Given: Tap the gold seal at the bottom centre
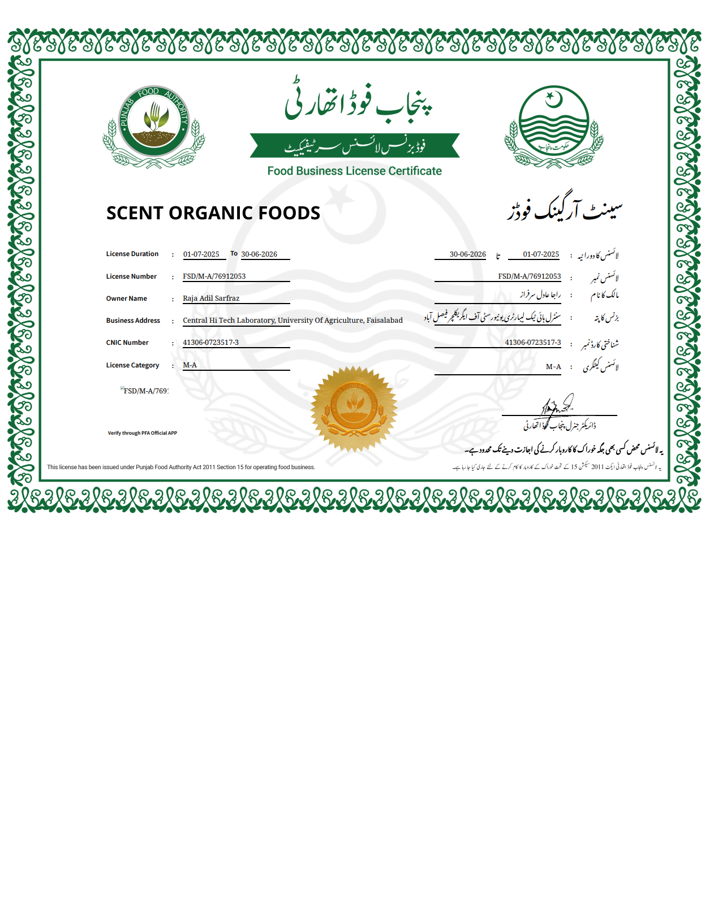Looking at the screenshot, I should point(354,408).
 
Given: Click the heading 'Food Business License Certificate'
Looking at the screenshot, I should point(354,171).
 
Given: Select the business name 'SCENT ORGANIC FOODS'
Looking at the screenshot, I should point(213,213).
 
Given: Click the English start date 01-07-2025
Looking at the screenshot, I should point(201,254).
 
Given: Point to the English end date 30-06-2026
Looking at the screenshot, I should point(259,254).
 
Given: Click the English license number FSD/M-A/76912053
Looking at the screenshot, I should point(214,276).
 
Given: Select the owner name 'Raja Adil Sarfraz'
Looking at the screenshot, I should point(211,298).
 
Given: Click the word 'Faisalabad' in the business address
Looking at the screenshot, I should point(385,321).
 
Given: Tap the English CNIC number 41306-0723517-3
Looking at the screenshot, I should point(210,343).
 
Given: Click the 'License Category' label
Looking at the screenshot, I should point(132,365).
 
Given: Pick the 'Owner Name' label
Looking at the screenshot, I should point(126,298).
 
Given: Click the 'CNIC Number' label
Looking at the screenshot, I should point(127,343).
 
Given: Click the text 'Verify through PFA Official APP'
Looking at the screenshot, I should point(143,433).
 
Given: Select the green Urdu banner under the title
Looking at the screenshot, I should point(354,146).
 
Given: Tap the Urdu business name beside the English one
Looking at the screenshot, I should point(564,211).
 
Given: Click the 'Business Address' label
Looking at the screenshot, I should point(133,321).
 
